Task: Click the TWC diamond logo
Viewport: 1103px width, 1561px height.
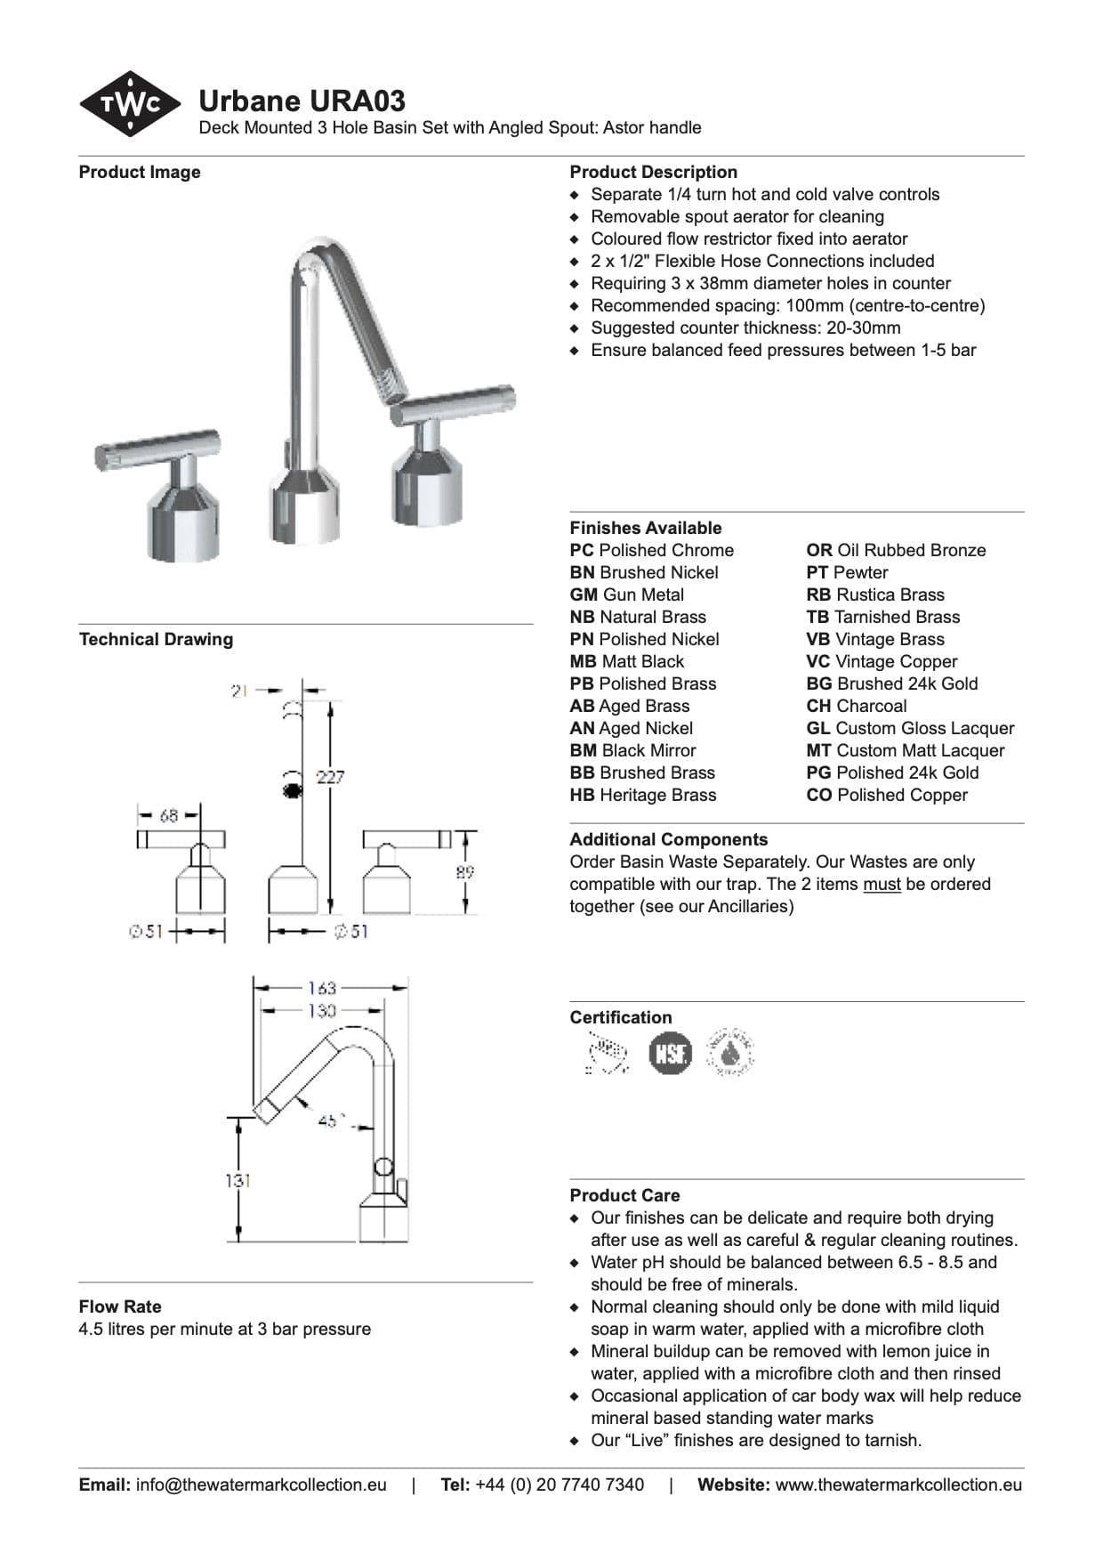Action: [x=130, y=104]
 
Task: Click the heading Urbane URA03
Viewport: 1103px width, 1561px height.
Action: [x=302, y=101]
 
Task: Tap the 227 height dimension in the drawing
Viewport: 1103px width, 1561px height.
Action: [x=330, y=777]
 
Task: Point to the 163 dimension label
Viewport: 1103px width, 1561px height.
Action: [x=322, y=988]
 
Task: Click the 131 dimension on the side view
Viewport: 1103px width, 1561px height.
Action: [x=238, y=1181]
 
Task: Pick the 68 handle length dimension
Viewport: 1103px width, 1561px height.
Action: [x=168, y=815]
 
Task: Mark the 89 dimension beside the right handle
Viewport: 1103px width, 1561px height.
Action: [x=465, y=873]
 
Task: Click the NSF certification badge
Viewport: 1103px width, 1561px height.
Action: [x=670, y=1054]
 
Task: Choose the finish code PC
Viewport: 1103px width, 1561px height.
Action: [x=582, y=550]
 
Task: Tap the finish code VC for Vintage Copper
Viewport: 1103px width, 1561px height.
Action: [x=817, y=661]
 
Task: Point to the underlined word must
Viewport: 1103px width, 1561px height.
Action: [x=882, y=884]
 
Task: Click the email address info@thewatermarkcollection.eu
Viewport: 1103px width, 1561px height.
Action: [x=261, y=1484]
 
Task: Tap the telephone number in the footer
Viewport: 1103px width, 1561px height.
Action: [x=560, y=1484]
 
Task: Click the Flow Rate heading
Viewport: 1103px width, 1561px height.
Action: [x=120, y=1306]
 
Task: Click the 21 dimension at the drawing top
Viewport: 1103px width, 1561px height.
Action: [x=238, y=691]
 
